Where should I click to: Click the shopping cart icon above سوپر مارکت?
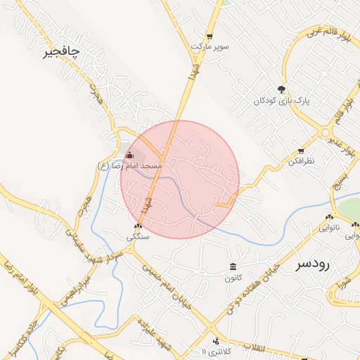[x=209, y=36]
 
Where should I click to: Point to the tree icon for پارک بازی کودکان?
[x=282, y=89]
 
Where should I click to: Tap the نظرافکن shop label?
[x=301, y=162]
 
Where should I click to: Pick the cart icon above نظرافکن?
[x=301, y=151]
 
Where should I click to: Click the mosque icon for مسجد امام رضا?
[x=129, y=155]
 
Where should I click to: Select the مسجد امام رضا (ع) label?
[x=130, y=166]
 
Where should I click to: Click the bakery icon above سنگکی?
[x=138, y=226]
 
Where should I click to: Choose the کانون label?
[x=233, y=278]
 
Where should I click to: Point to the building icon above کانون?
[x=233, y=266]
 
